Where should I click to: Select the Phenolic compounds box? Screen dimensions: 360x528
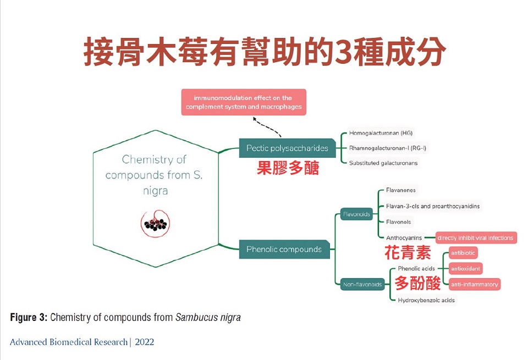point(284,249)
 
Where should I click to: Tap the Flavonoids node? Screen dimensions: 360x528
point(356,214)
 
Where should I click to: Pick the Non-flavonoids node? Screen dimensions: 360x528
point(362,284)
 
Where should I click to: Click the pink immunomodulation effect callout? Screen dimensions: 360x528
point(244,102)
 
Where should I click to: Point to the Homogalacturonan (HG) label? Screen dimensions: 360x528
point(381,133)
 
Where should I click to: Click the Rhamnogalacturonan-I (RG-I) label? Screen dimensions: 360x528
point(387,148)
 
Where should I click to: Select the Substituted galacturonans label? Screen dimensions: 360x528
point(383,163)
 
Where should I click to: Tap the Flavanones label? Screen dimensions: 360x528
point(400,190)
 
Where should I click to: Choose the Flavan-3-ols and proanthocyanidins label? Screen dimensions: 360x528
point(432,206)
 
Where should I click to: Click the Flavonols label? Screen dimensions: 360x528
point(398,221)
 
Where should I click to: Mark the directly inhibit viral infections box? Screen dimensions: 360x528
point(476,238)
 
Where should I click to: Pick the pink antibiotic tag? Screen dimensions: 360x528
point(463,253)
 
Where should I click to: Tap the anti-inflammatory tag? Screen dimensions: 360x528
point(474,284)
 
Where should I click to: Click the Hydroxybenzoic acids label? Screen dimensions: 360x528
point(426,300)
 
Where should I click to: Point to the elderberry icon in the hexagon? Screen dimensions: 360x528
point(156,222)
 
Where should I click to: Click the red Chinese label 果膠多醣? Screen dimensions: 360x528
point(288,168)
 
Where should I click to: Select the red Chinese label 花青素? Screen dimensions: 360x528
point(407,253)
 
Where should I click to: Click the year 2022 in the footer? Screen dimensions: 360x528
point(144,342)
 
